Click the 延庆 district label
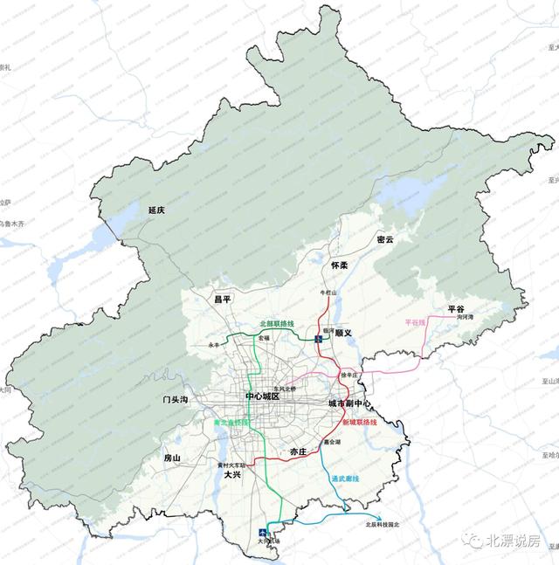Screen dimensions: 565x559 pos(157,210)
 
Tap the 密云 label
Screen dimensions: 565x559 pos(385,239)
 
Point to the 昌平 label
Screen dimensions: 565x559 pos(223,299)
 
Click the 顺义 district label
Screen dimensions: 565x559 pos(342,333)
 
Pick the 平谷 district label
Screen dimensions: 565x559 pos(457,309)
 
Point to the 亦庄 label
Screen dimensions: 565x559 pos(299,452)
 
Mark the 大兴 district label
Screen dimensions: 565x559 pos(232,476)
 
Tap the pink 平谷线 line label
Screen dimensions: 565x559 pos(415,322)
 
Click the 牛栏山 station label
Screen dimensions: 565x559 pos(329,293)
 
